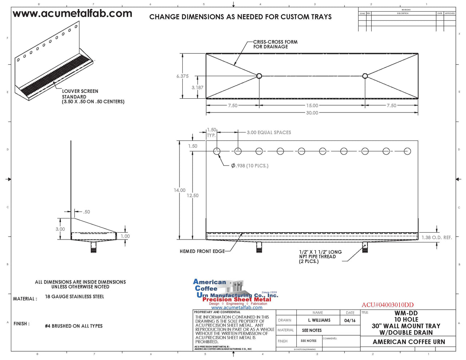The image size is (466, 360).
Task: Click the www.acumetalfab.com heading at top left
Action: point(72,14)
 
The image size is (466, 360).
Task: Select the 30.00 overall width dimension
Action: point(312,113)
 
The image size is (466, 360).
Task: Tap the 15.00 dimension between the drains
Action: point(312,106)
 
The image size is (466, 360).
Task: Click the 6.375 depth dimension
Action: point(182,76)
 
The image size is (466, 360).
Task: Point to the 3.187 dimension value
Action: point(197,88)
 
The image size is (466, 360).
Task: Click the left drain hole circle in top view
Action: point(259,76)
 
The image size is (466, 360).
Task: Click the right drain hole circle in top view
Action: point(365,76)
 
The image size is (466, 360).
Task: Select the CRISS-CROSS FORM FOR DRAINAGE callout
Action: point(275,44)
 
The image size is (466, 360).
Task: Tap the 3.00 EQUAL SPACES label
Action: point(269,132)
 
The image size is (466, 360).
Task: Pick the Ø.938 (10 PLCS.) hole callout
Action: point(250,166)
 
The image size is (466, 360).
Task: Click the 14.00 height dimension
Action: point(179,190)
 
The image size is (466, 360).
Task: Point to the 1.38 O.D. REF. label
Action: point(437,237)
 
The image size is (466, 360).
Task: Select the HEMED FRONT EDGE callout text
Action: point(202,251)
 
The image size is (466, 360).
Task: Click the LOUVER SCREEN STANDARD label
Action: point(80,94)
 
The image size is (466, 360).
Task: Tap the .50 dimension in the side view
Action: point(86,212)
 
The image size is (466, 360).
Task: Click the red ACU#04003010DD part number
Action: point(387,305)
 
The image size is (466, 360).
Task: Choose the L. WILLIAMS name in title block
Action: point(319,320)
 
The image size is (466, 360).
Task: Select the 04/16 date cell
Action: point(350,320)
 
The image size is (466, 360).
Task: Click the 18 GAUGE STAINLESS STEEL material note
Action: point(74,297)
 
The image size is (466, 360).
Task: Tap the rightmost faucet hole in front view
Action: point(407,151)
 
